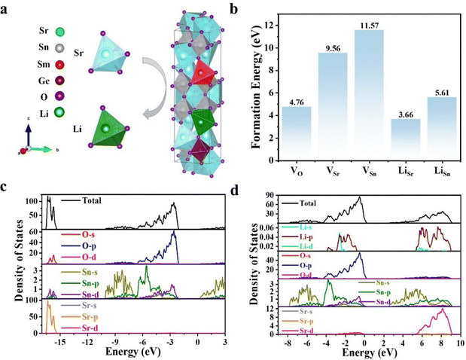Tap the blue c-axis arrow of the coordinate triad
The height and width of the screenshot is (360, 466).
(28, 136)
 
